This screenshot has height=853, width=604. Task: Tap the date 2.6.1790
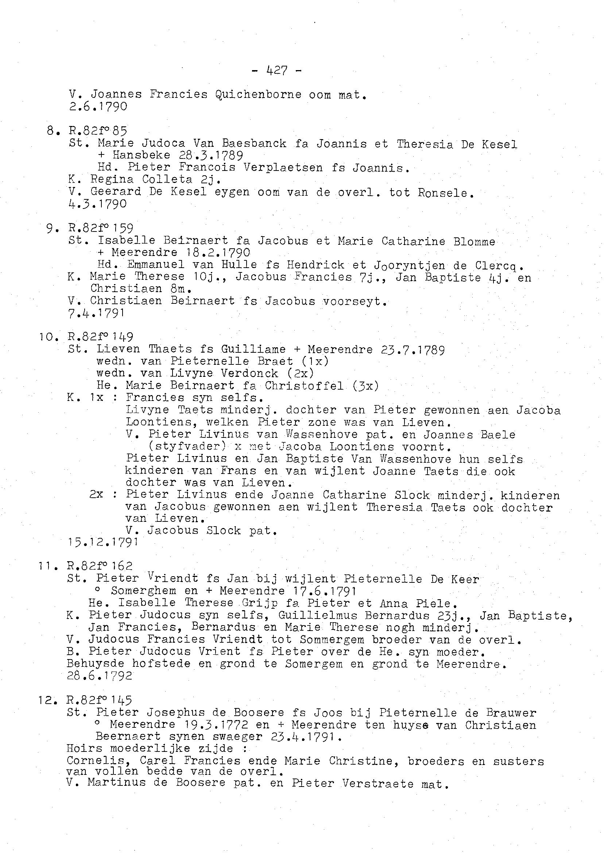coord(98,107)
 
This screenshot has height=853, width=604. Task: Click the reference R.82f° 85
coord(98,131)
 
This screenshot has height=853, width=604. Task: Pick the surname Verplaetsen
coord(283,168)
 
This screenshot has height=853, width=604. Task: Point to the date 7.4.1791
coord(96,313)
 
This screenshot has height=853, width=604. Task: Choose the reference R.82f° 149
coord(100,337)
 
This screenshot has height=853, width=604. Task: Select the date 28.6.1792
coord(99,676)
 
